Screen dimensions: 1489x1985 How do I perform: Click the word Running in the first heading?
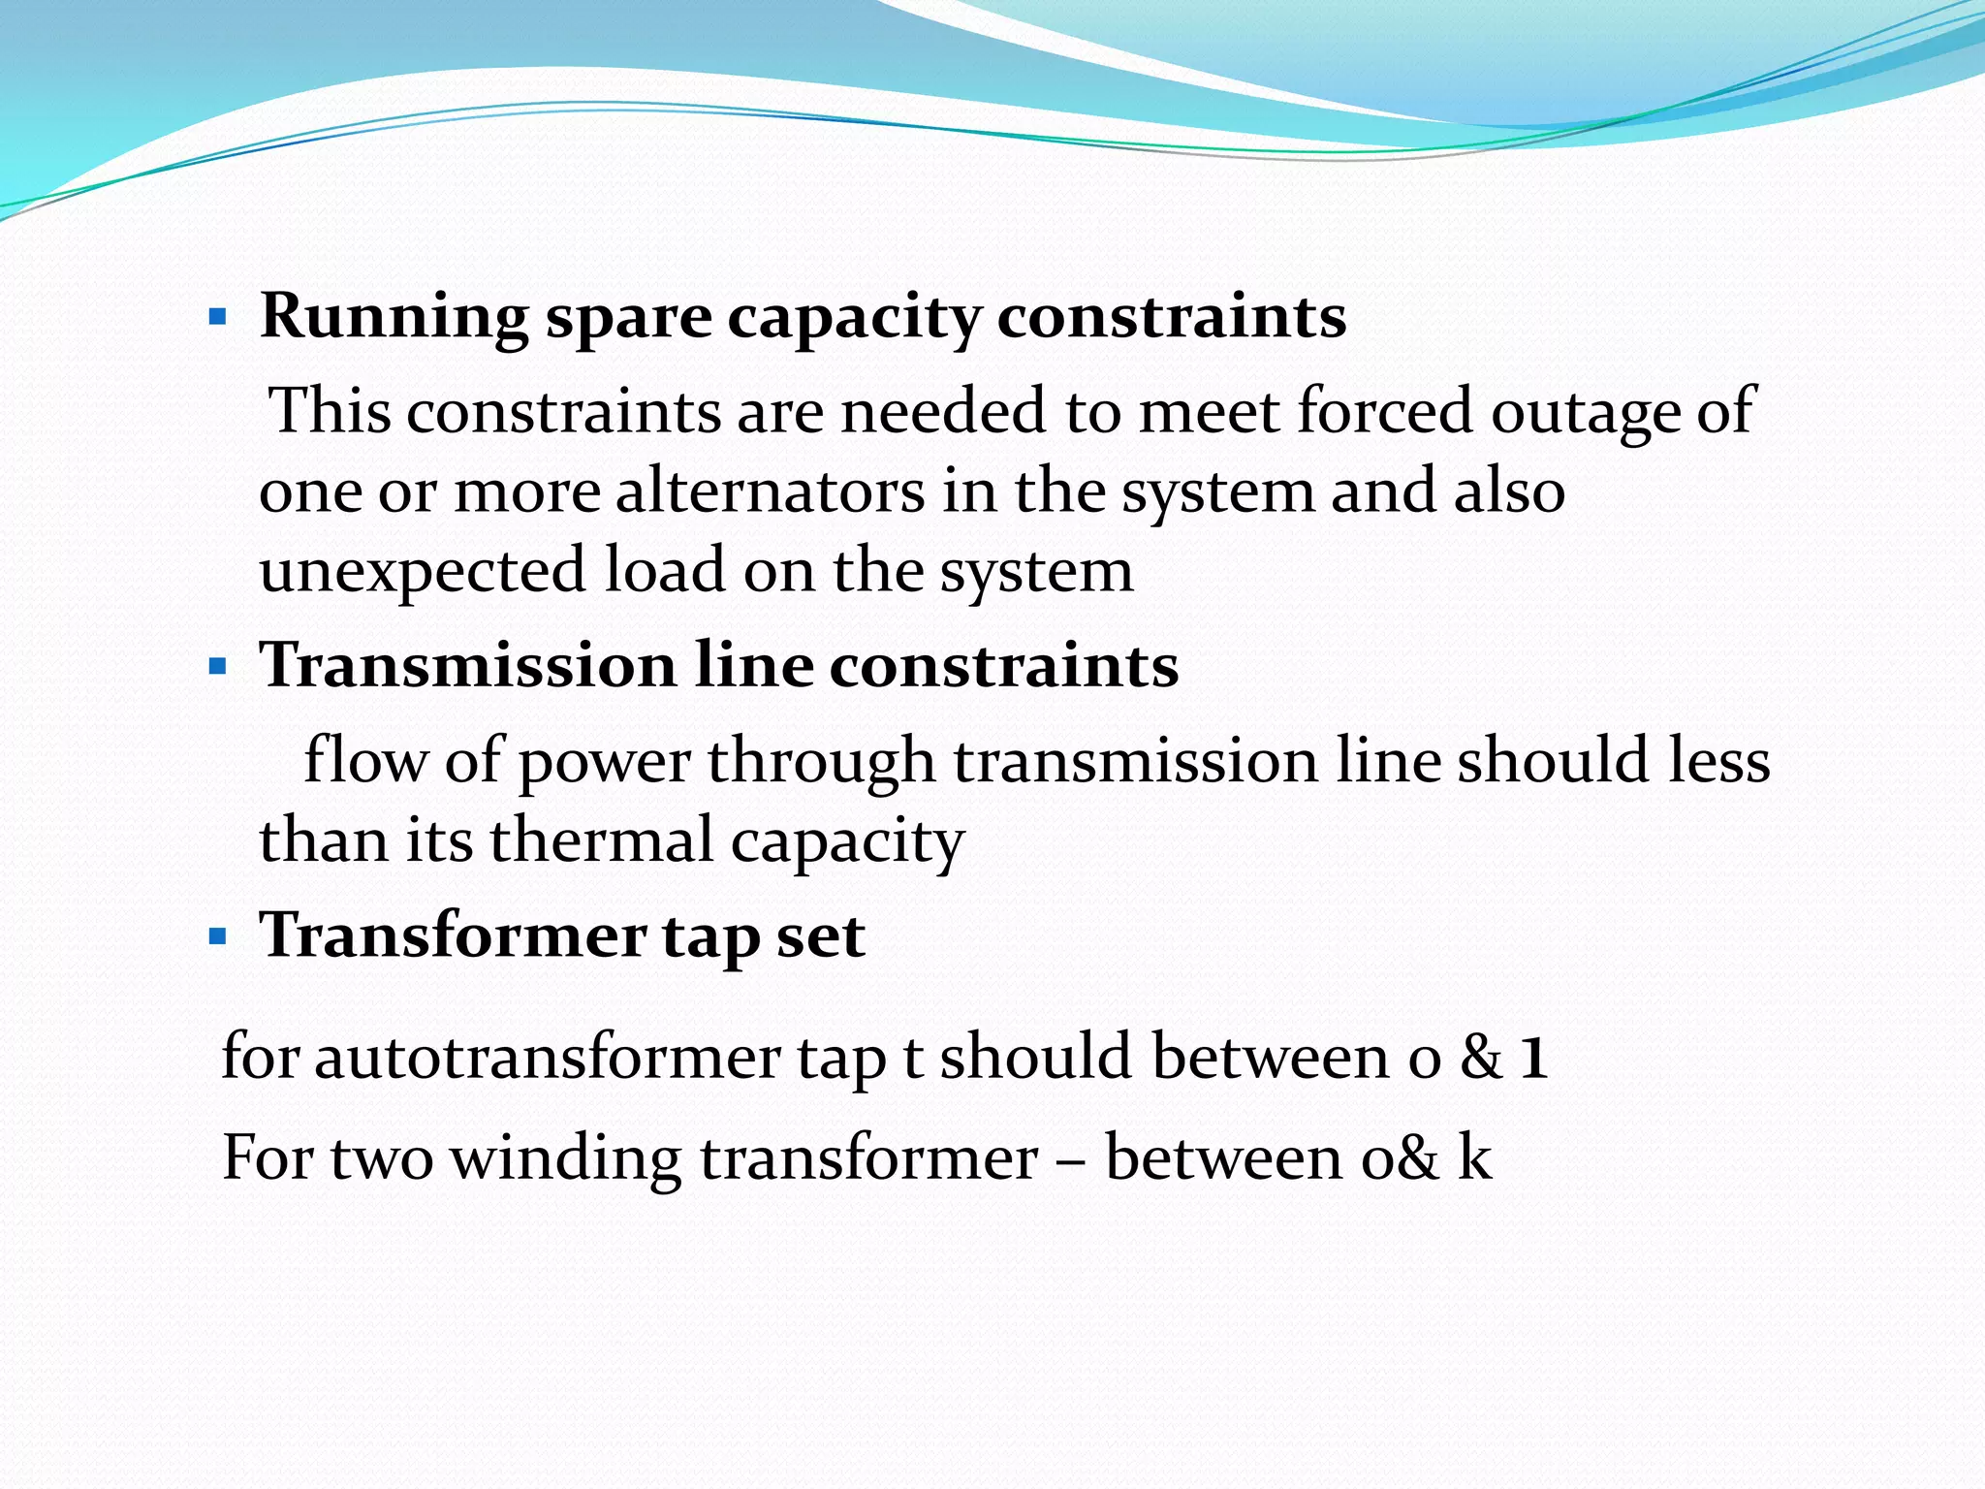394,318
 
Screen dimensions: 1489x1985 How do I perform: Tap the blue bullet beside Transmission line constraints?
218,667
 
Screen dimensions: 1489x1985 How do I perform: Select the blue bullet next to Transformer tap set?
218,937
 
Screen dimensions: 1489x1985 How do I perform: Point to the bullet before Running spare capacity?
218,317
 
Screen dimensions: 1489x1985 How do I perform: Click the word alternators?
770,491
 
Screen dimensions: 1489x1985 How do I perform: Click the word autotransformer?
547,1057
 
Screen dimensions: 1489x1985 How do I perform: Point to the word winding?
566,1157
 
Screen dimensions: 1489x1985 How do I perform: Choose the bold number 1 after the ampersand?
1532,1057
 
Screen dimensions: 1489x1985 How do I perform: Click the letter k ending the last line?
1474,1156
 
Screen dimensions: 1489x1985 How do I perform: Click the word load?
665,570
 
